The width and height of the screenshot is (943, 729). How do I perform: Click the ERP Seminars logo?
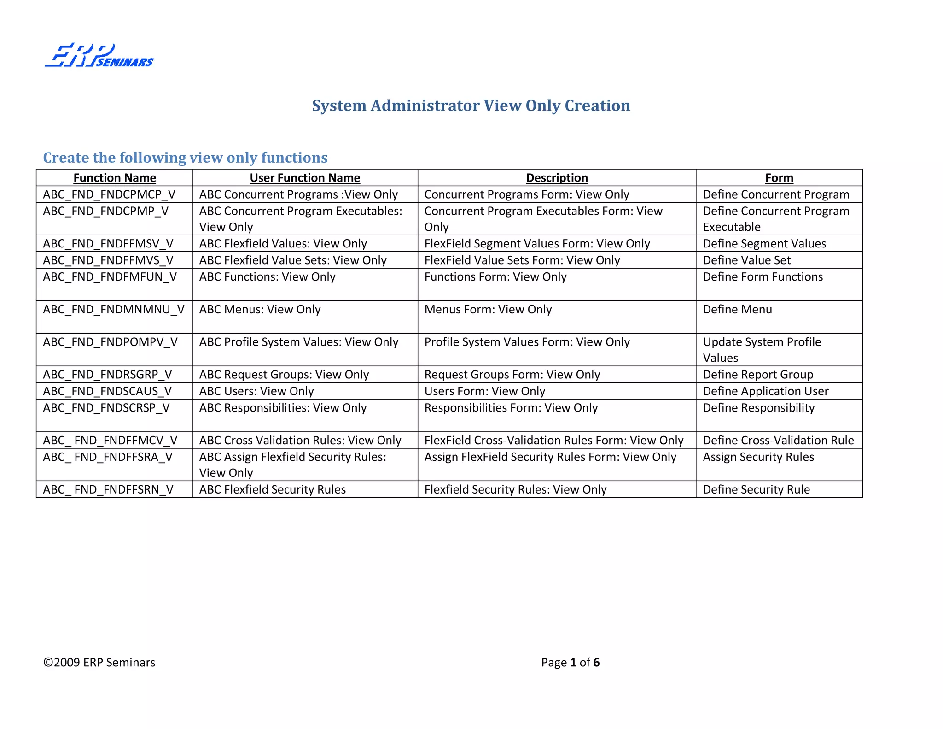99,56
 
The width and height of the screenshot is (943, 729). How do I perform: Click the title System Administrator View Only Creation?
471,106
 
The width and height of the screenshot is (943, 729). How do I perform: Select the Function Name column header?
115,178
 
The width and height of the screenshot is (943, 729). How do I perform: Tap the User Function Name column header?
305,178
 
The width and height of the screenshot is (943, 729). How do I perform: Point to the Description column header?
557,178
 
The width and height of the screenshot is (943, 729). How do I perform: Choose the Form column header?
779,178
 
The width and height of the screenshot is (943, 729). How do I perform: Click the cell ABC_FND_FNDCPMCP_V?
109,194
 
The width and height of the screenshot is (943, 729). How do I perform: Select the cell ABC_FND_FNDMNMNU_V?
114,309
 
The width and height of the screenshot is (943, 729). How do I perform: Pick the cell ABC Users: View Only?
256,391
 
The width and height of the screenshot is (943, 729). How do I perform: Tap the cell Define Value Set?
746,260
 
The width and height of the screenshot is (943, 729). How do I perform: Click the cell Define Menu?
737,309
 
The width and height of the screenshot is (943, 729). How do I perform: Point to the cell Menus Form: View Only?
488,309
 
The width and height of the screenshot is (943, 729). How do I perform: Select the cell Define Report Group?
758,375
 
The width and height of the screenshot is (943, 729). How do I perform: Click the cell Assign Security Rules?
758,457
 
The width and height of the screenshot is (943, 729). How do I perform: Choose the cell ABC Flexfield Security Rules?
272,489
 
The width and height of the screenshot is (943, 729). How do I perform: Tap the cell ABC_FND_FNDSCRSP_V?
106,408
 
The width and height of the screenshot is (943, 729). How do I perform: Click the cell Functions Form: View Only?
495,277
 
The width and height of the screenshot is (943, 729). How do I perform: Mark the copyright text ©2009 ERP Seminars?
99,662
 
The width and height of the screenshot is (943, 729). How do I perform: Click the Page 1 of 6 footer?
570,662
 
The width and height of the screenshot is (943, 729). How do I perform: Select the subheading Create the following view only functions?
185,158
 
